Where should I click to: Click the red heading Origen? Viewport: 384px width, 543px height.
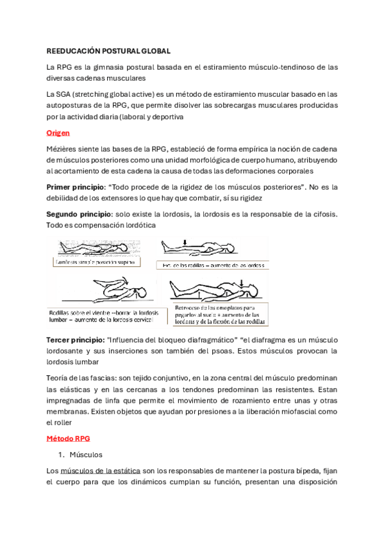coord(58,133)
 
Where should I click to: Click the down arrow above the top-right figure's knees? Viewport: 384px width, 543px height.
coord(185,242)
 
